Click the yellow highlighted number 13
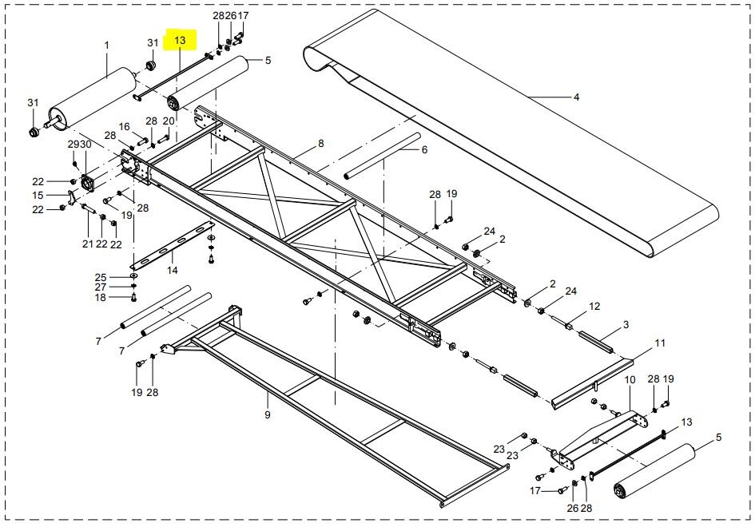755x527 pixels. pyautogui.click(x=179, y=40)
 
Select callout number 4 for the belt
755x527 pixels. pyautogui.click(x=576, y=97)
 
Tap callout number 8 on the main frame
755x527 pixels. pyautogui.click(x=321, y=144)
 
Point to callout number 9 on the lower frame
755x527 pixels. pyautogui.click(x=268, y=415)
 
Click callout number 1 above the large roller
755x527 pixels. pyautogui.click(x=106, y=46)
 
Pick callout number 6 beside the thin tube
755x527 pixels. pyautogui.click(x=424, y=150)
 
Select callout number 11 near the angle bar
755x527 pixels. pyautogui.click(x=660, y=343)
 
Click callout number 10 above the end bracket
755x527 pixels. pyautogui.click(x=629, y=380)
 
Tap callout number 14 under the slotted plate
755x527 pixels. pyautogui.click(x=172, y=271)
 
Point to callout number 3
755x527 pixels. pyautogui.click(x=626, y=325)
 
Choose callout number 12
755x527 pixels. pyautogui.click(x=594, y=306)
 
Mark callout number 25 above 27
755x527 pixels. pyautogui.click(x=100, y=277)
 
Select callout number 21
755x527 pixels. pyautogui.click(x=88, y=244)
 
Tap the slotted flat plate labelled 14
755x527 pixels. pyautogui.click(x=172, y=248)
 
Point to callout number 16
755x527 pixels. pyautogui.click(x=124, y=127)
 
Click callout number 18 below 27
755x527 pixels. pyautogui.click(x=100, y=298)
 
